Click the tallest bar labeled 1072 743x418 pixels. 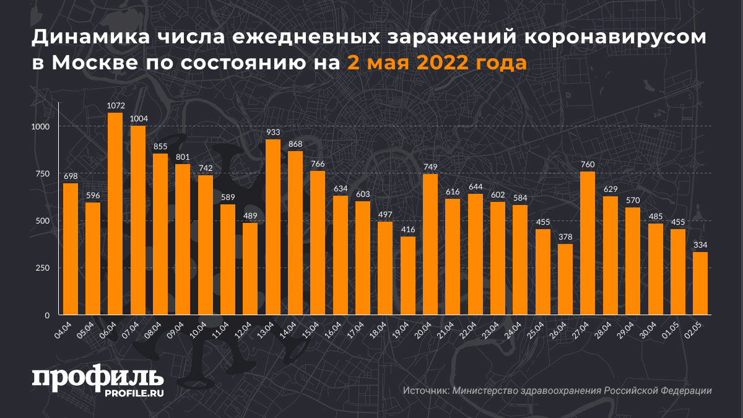[115, 214]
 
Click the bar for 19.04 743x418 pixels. [407, 276]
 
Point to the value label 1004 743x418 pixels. [138, 119]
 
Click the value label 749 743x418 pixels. [430, 167]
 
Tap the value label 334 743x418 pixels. [700, 245]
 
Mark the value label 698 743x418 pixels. [71, 176]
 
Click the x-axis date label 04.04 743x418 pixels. [64, 329]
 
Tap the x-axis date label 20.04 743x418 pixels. [424, 329]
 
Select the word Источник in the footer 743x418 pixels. [425, 391]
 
